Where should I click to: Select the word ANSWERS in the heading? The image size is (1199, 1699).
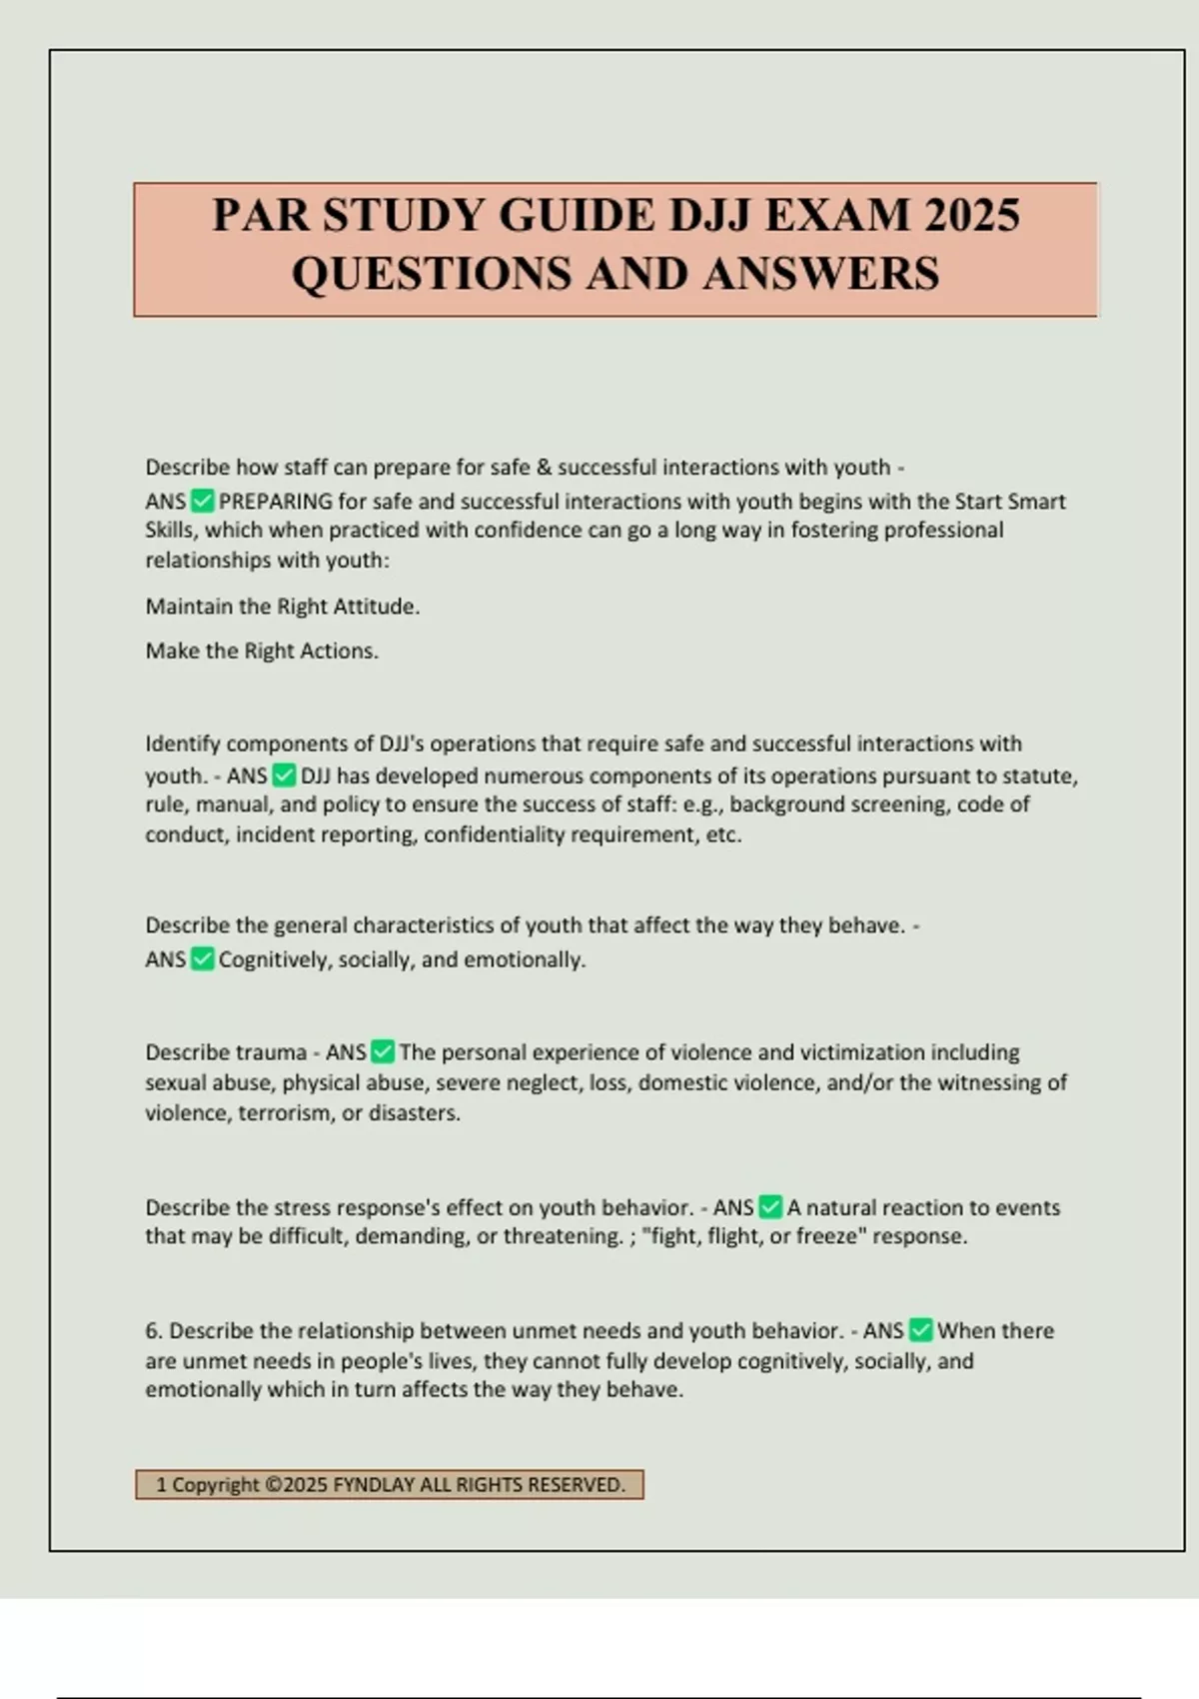821,273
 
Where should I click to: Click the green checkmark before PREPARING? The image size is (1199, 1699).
202,501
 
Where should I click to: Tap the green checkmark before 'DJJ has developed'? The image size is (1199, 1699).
284,776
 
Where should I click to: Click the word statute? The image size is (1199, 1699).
1035,776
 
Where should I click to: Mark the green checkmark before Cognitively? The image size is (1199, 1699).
202,959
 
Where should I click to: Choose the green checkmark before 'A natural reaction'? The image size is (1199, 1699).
770,1207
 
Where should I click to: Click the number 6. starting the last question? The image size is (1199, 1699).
154,1331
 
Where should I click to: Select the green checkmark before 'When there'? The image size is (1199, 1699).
921,1331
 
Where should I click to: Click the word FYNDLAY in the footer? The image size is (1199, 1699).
373,1485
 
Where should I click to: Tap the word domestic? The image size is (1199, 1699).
676,1082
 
